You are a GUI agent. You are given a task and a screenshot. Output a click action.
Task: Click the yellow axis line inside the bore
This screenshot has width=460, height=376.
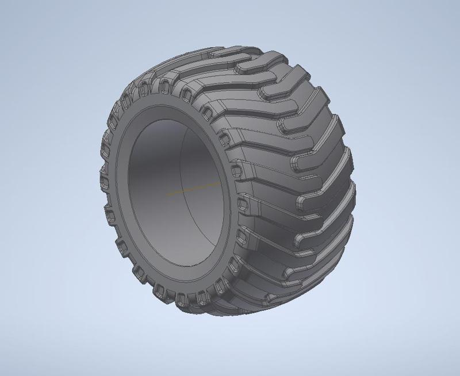(x=193, y=189)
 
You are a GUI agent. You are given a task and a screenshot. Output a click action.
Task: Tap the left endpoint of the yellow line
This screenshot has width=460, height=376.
(x=167, y=194)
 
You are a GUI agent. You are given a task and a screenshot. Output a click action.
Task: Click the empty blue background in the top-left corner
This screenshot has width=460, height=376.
(x=23, y=23)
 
